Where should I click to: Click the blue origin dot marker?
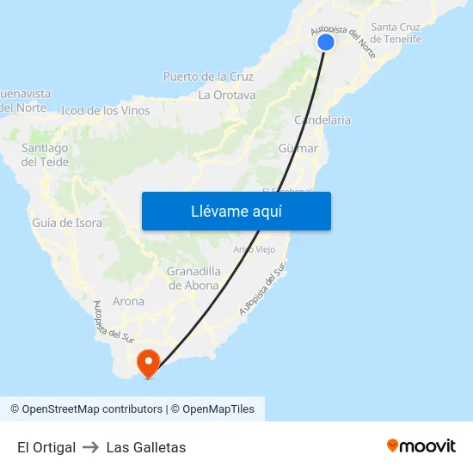[325, 42]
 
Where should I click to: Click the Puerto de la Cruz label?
[208, 77]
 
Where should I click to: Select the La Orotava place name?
[227, 95]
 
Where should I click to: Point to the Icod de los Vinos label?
[105, 110]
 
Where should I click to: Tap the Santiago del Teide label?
[45, 155]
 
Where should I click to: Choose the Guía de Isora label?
[67, 223]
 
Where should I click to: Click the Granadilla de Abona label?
[193, 278]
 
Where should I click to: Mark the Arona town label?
[128, 302]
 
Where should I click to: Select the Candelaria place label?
[322, 120]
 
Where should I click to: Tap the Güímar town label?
[298, 149]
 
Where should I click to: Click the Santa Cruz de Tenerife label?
[396, 33]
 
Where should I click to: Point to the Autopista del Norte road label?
[345, 34]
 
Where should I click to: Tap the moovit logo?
[421, 446]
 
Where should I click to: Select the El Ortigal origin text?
[46, 447]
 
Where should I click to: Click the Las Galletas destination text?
[146, 447]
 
